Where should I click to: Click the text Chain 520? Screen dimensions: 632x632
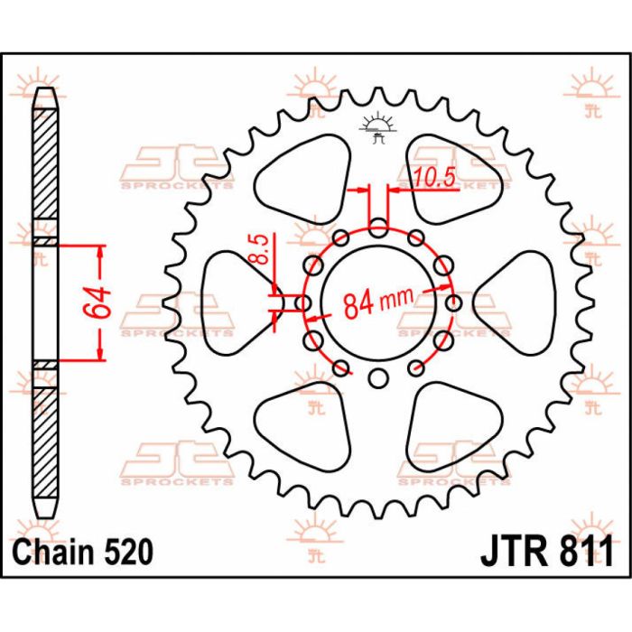[x=83, y=552]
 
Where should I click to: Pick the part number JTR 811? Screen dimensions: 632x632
[x=547, y=551]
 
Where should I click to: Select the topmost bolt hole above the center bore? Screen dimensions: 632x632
[x=378, y=228]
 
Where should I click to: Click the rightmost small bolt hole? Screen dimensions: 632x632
[x=454, y=302]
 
